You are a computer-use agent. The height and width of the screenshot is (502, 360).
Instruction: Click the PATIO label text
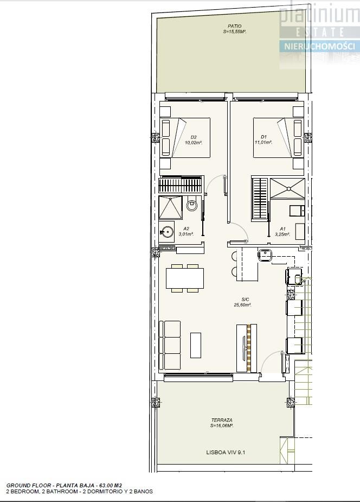point(235,26)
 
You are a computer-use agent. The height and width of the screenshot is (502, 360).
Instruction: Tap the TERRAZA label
point(222,420)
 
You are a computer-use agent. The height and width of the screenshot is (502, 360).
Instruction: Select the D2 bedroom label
point(194,137)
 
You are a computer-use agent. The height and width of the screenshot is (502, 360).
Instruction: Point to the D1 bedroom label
point(263,137)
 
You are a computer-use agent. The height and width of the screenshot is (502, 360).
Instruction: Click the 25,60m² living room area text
point(243,305)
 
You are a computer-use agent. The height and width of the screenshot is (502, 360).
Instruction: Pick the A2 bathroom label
point(186,228)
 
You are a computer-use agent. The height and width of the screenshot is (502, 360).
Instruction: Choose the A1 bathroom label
point(282,228)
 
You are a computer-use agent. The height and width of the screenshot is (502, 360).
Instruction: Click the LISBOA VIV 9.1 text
point(226,453)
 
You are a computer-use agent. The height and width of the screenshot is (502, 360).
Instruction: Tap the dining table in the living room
point(185,278)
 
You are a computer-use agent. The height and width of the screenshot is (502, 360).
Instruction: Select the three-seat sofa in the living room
point(170,346)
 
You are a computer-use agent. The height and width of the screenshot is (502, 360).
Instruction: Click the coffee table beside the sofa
point(196,345)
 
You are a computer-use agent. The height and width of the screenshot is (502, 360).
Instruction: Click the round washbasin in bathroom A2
point(167,232)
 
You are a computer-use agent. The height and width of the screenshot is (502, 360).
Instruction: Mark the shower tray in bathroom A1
point(287,188)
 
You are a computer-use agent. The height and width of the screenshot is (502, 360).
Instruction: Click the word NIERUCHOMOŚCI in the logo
point(320,47)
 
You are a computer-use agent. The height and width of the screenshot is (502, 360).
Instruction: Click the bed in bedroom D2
point(185,138)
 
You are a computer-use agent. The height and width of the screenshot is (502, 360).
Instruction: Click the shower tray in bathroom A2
point(170,208)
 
